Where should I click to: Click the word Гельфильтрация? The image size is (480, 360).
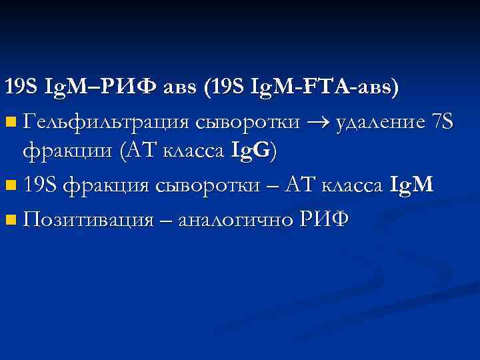point(107,121)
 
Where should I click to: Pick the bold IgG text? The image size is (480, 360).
point(249,152)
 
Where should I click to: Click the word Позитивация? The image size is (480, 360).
point(88,218)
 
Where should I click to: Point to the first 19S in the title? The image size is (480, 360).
point(21,87)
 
